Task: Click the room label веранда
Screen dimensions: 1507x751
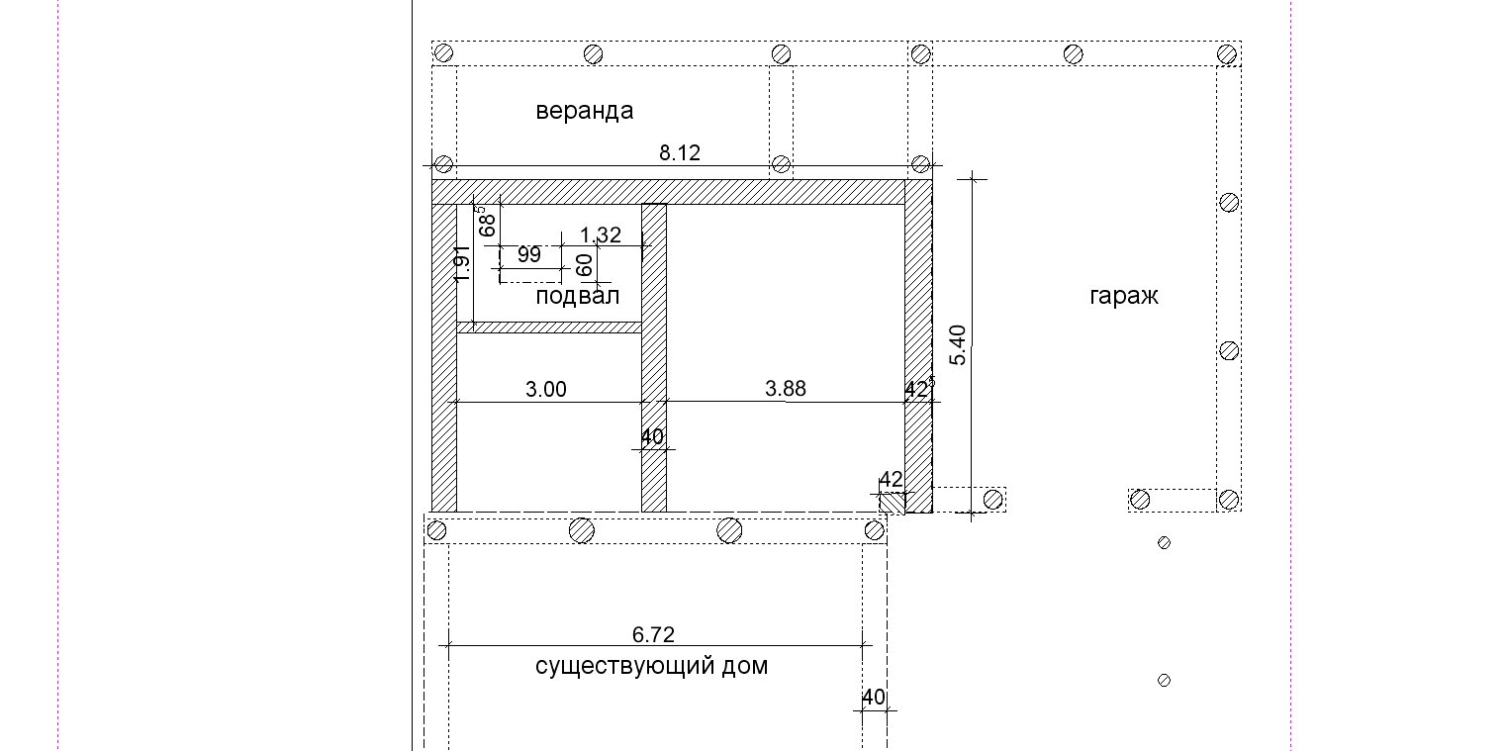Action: coord(584,111)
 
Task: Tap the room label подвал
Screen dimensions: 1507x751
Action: coord(577,296)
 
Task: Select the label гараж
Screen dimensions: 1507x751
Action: coord(1123,296)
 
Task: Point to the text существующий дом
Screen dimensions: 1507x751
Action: coord(651,666)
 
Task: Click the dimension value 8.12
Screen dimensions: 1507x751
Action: coord(680,153)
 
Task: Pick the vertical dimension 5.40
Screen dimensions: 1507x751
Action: coord(958,345)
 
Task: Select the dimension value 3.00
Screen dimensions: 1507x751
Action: coord(545,389)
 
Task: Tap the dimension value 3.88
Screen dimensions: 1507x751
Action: coord(785,388)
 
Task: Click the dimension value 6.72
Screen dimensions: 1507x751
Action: coord(653,634)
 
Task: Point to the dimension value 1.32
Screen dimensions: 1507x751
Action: coord(600,235)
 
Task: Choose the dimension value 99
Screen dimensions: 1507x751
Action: coord(529,254)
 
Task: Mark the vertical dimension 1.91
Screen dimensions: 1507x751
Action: coord(461,264)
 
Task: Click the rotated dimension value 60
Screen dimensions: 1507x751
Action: coord(585,265)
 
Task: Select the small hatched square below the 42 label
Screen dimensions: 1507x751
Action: coord(893,504)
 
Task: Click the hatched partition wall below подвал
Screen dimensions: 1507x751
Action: coord(549,328)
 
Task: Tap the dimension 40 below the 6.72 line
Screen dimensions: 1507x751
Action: coord(874,698)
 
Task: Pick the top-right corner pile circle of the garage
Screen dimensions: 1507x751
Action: coord(1227,53)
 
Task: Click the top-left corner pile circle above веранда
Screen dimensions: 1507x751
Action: coord(443,52)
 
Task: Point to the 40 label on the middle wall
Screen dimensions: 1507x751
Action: coord(652,436)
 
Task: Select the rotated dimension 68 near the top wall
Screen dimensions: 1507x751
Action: coord(488,222)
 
